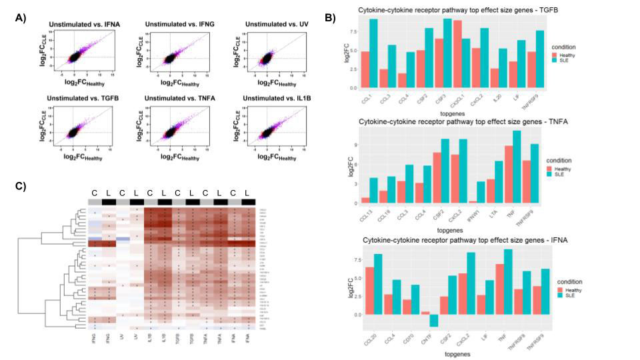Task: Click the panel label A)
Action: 21,17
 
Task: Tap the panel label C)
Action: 21,185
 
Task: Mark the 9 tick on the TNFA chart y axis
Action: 354,145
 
